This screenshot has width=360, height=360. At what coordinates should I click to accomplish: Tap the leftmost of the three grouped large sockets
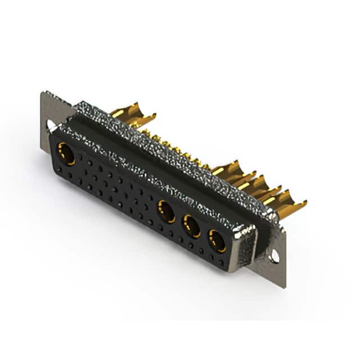165,211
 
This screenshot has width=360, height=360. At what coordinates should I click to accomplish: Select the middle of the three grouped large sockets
192,226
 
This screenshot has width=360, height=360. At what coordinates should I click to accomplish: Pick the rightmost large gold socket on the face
217,241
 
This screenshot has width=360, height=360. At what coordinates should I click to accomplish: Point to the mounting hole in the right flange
274,256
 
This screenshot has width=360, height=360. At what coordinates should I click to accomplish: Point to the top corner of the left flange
43,93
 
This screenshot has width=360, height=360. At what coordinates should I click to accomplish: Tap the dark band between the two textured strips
157,163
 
